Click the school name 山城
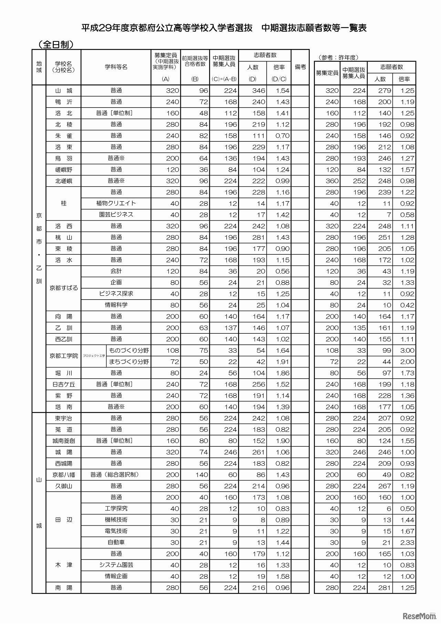tap(64, 91)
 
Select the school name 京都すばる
tap(64, 288)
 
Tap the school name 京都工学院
tap(64, 356)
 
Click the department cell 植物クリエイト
tap(116, 203)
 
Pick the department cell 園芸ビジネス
tap(116, 214)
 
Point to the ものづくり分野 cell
tap(129, 350)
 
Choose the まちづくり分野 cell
tap(129, 362)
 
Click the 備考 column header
tap(300, 67)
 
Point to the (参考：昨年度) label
tap(339, 58)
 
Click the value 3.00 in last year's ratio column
tap(407, 351)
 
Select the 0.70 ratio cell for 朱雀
tap(282, 136)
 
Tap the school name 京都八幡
tap(64, 475)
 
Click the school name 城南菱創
tap(64, 441)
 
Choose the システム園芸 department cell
tap(116, 565)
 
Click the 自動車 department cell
tap(116, 542)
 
